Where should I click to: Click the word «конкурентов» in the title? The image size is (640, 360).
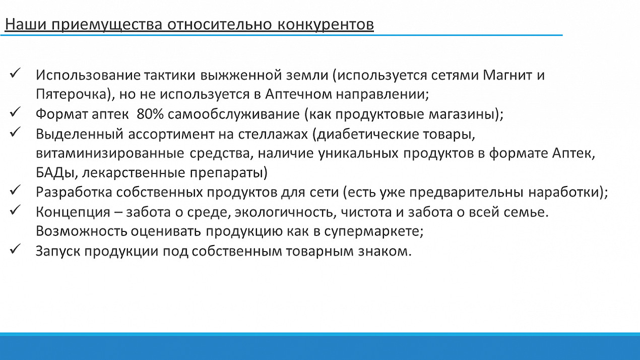326,24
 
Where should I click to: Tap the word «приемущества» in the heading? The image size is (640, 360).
107,25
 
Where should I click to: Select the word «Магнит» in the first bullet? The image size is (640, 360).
507,75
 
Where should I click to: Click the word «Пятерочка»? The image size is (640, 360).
72,94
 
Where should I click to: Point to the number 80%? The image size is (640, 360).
150,114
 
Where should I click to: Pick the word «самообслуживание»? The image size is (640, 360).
233,114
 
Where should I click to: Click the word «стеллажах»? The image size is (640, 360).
273,134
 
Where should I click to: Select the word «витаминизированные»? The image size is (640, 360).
110,153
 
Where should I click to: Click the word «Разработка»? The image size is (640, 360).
74,192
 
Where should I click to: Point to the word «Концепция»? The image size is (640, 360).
73,212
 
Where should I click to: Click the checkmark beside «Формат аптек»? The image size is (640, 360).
15,112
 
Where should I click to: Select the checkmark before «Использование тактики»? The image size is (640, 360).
15,73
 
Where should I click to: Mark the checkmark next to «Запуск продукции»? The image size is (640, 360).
15,249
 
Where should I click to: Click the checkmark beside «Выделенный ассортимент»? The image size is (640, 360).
15,132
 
